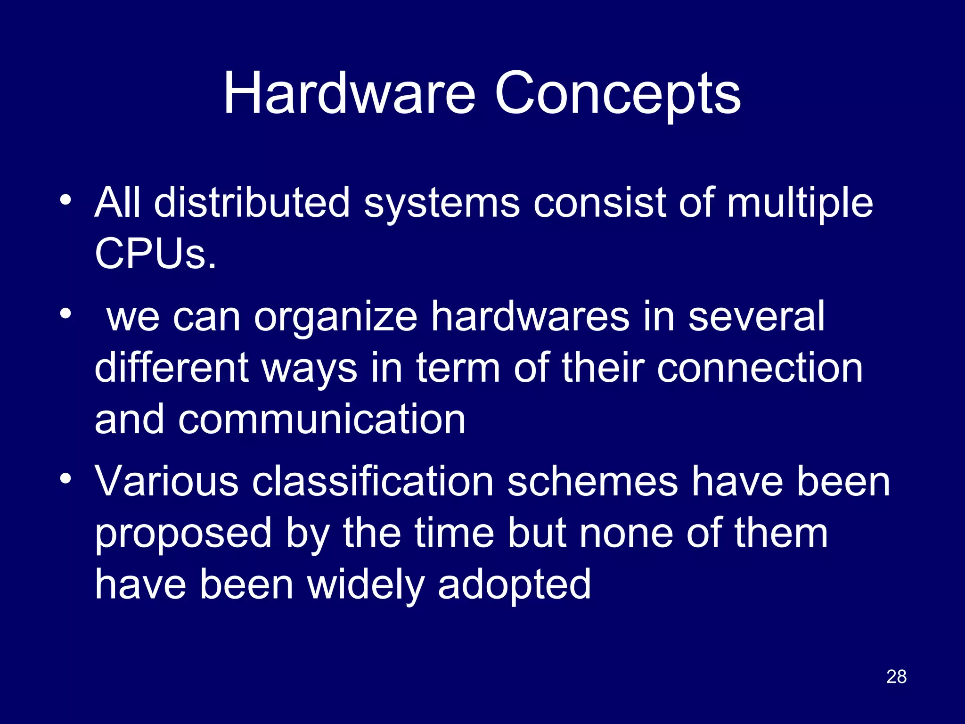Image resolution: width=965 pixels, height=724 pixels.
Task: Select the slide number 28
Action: (896, 676)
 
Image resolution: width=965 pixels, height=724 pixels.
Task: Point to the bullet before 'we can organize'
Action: (65, 313)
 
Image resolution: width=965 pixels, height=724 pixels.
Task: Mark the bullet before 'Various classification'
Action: (65, 478)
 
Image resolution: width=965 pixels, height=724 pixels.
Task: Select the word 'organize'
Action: (335, 317)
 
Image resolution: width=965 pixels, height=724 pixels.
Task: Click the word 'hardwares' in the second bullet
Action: (531, 316)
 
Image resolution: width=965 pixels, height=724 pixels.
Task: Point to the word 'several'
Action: (756, 316)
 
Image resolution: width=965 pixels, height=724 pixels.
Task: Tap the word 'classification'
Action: (373, 481)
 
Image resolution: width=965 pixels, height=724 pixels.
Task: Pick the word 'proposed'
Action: (183, 534)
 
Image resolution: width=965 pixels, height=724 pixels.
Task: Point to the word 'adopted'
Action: (514, 585)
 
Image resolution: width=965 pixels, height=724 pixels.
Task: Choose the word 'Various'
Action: (167, 481)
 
